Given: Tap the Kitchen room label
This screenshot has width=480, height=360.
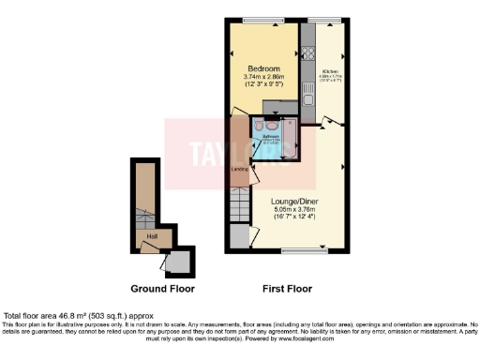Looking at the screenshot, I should point(329,70).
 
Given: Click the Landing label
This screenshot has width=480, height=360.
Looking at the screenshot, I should point(239,169).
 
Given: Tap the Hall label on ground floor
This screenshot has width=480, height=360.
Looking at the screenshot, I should point(151,236).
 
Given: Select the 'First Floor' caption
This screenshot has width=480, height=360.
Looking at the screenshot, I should point(285,289).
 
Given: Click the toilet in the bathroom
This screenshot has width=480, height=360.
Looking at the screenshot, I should point(271,123).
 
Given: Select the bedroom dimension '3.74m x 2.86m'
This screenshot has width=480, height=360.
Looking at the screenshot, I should point(262,79).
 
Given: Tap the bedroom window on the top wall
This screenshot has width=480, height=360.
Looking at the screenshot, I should point(262,20).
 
